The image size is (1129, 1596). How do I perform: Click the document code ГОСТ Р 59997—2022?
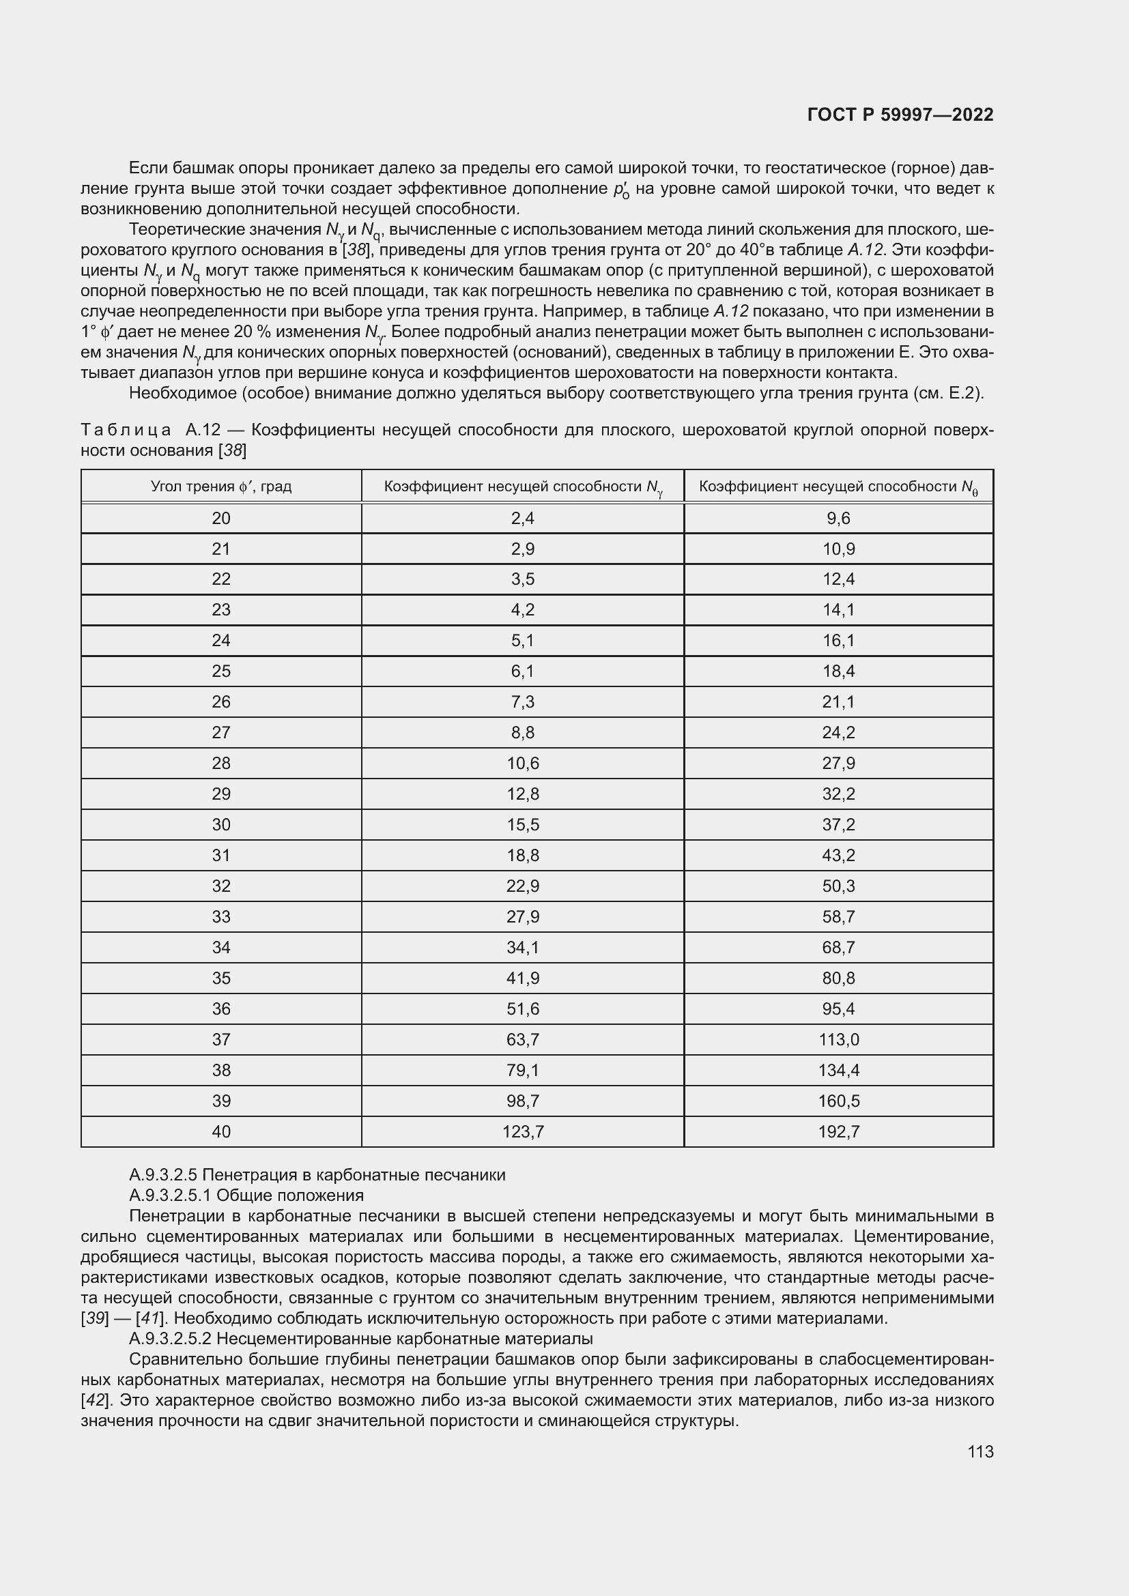coord(900,115)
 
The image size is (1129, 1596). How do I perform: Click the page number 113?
coord(980,1452)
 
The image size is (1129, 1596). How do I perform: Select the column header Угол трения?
coord(221,487)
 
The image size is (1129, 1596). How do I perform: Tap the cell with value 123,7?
coord(523,1131)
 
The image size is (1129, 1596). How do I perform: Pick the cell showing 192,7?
coord(838,1131)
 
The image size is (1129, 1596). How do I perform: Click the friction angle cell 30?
coord(221,824)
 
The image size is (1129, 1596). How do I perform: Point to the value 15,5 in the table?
coord(523,824)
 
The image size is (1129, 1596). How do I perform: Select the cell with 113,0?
coord(838,1039)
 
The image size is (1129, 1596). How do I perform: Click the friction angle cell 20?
coord(221,519)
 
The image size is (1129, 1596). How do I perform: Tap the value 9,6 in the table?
coord(838,519)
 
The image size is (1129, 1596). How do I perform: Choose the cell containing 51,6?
coord(523,1009)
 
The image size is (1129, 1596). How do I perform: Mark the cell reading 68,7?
coord(838,948)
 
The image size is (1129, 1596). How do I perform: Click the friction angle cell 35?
coord(221,978)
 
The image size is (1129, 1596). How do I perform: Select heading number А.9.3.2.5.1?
coord(171,1195)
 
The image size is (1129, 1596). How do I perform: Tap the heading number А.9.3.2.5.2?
coord(171,1339)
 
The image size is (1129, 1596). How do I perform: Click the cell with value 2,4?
coord(523,519)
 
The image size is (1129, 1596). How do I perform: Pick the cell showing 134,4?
coord(838,1070)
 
